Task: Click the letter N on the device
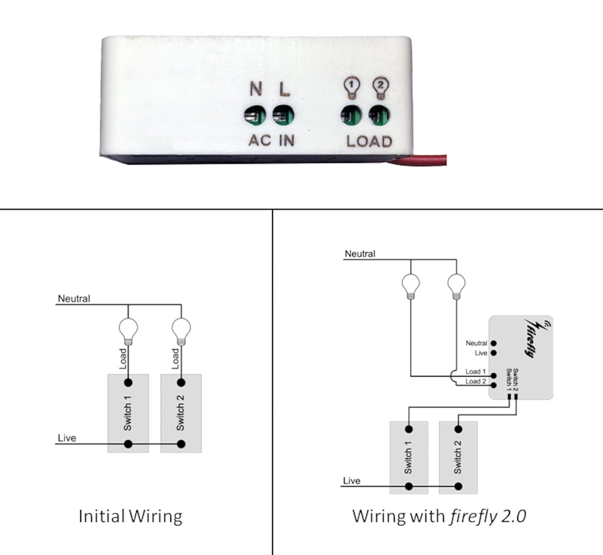click(256, 89)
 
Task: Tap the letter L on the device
click(284, 89)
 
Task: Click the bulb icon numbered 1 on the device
click(351, 88)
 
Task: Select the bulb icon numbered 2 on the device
click(380, 88)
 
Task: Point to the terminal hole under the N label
click(255, 116)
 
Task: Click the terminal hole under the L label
click(283, 116)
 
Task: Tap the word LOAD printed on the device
click(369, 141)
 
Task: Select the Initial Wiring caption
click(130, 516)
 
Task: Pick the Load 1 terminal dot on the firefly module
click(494, 376)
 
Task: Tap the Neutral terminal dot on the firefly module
click(494, 343)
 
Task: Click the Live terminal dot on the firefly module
click(494, 353)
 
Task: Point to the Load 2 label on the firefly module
click(476, 381)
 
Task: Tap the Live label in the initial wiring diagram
click(67, 438)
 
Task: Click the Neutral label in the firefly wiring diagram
click(360, 254)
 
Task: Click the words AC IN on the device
click(272, 140)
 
